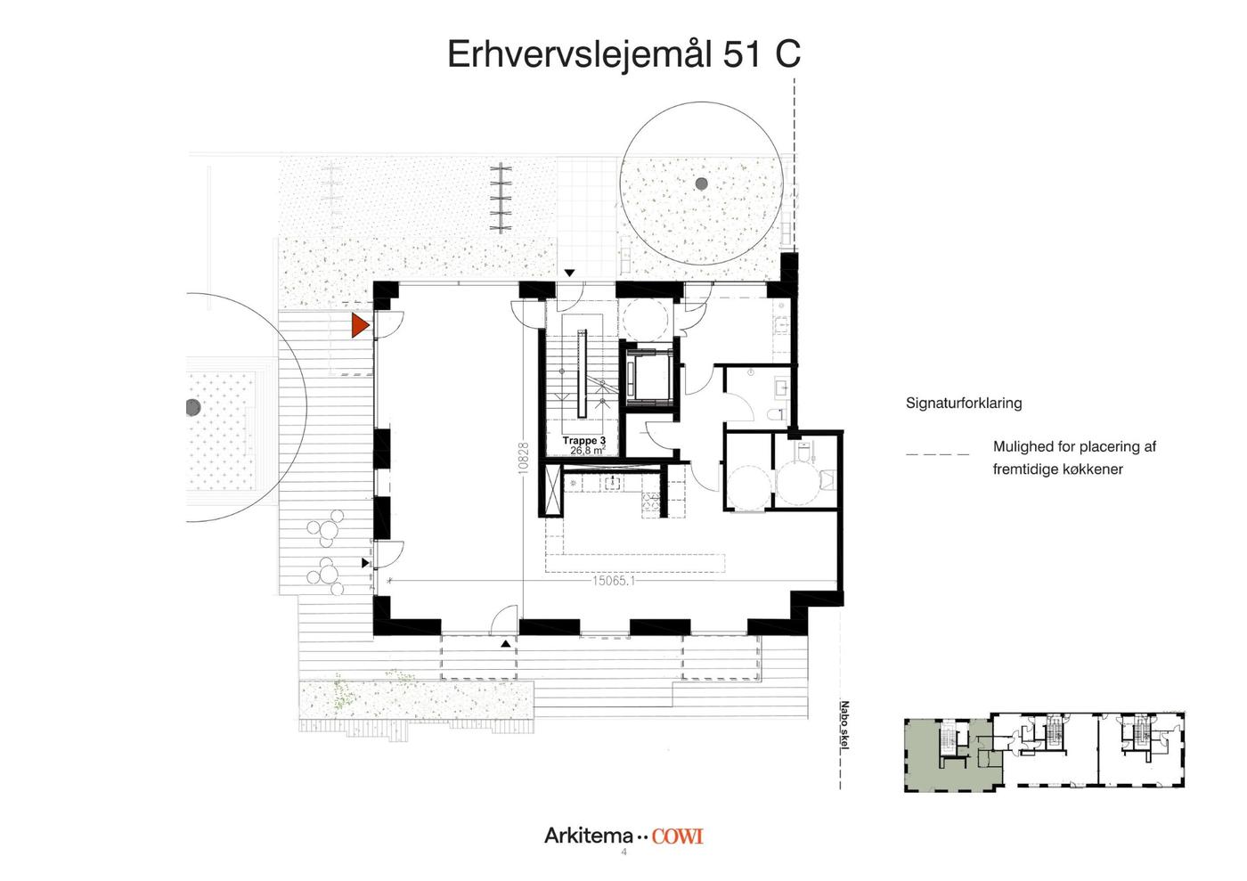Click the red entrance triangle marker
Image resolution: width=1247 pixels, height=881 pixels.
tap(359, 325)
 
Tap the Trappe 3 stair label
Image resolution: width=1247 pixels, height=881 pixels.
tap(584, 440)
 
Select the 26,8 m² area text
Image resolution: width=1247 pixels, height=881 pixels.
tap(587, 450)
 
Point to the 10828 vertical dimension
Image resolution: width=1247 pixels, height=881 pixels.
tap(524, 459)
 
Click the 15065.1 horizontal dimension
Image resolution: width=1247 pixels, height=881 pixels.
tap(614, 581)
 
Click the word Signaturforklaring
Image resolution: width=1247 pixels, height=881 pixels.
tap(964, 404)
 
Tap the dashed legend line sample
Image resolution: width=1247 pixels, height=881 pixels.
tap(937, 454)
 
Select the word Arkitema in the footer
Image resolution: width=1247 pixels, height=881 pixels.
tap(589, 836)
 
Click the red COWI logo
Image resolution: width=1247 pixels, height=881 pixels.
tap(678, 836)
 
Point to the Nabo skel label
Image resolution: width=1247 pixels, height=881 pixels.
tap(844, 726)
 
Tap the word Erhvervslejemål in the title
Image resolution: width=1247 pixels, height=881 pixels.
tap(580, 54)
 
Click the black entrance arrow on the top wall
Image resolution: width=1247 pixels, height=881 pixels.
tap(569, 273)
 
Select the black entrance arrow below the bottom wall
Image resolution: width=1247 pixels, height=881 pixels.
tap(506, 644)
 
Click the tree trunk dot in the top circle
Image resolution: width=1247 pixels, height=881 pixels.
tap(702, 184)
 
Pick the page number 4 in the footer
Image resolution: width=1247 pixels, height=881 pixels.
tap(623, 852)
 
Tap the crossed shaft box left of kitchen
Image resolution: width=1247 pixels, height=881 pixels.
tap(553, 491)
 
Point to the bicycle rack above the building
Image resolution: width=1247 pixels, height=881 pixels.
tap(501, 198)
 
